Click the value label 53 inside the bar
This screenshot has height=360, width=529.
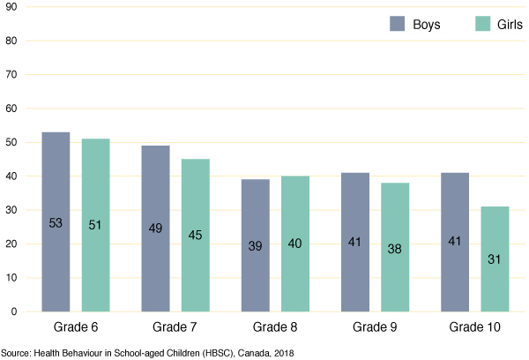point(56,224)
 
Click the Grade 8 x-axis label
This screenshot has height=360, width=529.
point(275,328)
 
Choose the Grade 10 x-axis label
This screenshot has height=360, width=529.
point(474,328)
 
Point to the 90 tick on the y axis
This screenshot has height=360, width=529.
point(11,7)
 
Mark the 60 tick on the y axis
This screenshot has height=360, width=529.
point(11,109)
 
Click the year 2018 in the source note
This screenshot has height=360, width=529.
point(281,353)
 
